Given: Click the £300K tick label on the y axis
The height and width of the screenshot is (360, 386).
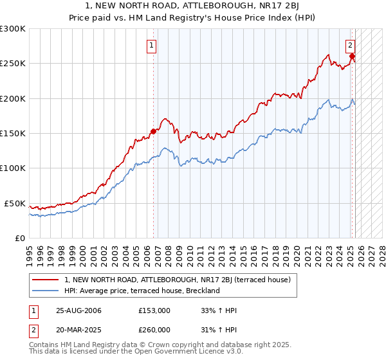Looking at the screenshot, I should pyautogui.click(x=12, y=29).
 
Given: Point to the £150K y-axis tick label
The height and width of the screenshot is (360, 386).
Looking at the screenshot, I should pyautogui.click(x=12, y=134).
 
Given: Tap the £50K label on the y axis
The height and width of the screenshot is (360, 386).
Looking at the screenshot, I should pyautogui.click(x=15, y=203).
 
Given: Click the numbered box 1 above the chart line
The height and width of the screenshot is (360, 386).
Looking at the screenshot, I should pyautogui.click(x=151, y=45).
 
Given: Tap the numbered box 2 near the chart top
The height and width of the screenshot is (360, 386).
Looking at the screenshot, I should pyautogui.click(x=350, y=45).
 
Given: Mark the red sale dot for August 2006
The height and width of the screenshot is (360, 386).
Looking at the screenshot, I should pyautogui.click(x=153, y=131).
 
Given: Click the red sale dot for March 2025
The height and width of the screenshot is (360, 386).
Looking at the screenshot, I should pyautogui.click(x=353, y=57).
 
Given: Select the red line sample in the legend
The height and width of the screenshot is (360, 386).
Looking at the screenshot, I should pyautogui.click(x=46, y=280).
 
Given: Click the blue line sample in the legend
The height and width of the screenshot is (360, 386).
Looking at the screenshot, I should pyautogui.click(x=46, y=291).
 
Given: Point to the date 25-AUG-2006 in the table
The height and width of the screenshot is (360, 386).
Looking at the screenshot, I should pyautogui.click(x=78, y=310).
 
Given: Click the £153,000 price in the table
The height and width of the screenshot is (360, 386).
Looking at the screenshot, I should pyautogui.click(x=154, y=310).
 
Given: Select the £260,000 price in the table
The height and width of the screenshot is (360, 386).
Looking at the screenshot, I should pyautogui.click(x=154, y=330).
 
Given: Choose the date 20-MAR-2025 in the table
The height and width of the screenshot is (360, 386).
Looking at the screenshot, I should pyautogui.click(x=78, y=330).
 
